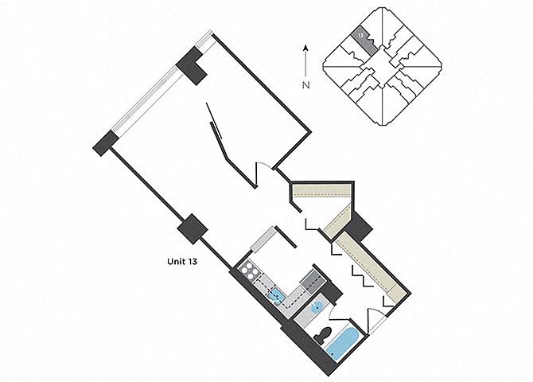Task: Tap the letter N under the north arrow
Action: tap(305, 84)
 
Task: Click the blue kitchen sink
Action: tap(278, 298)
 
